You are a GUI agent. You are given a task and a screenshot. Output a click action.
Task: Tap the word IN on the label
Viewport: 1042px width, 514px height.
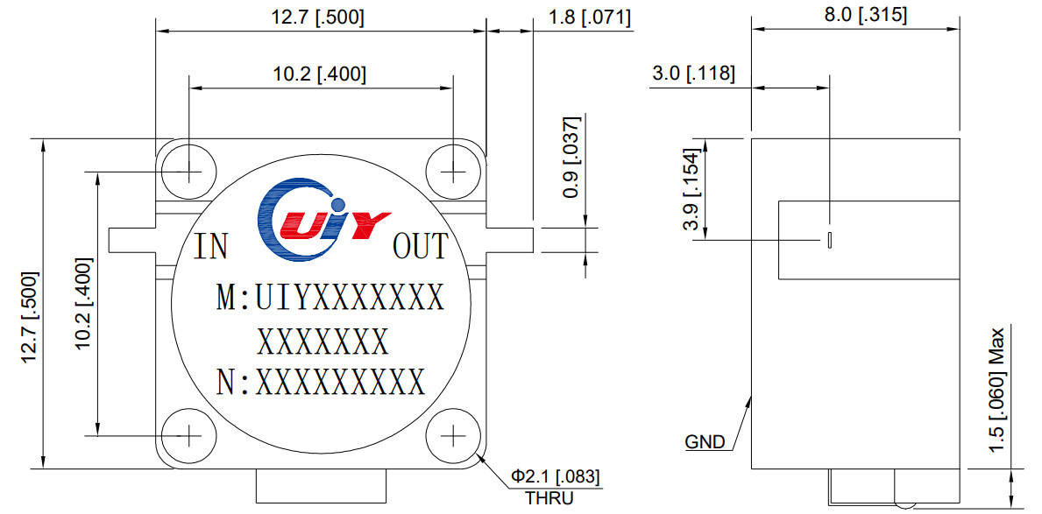click(210, 247)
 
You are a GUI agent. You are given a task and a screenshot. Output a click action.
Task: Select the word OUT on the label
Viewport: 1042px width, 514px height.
click(421, 247)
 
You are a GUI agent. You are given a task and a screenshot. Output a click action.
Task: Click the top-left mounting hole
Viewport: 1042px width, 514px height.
click(188, 170)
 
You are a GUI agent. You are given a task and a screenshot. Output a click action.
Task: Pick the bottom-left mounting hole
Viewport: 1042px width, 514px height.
click(188, 434)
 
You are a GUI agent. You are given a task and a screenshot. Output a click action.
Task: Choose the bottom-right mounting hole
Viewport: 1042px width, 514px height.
click(453, 434)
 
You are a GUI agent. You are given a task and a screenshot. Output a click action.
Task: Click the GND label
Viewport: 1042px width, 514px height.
click(705, 442)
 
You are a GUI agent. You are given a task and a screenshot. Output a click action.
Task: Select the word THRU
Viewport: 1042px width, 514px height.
click(549, 499)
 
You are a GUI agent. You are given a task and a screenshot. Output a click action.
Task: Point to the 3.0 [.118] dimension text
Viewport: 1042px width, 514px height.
click(692, 74)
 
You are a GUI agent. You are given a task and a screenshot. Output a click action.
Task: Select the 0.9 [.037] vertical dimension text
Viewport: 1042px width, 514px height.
click(571, 156)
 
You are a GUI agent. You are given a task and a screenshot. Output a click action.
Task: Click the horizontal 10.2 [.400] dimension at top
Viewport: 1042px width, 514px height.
click(319, 74)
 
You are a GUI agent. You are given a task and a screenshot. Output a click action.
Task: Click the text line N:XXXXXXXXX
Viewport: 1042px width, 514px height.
click(321, 383)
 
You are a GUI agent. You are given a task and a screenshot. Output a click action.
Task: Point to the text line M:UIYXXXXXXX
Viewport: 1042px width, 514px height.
click(330, 299)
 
